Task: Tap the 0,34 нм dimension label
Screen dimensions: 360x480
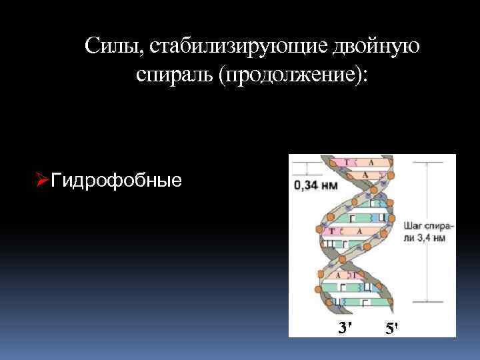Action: coord(315,186)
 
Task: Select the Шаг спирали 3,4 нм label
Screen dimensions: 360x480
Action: coord(429,232)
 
